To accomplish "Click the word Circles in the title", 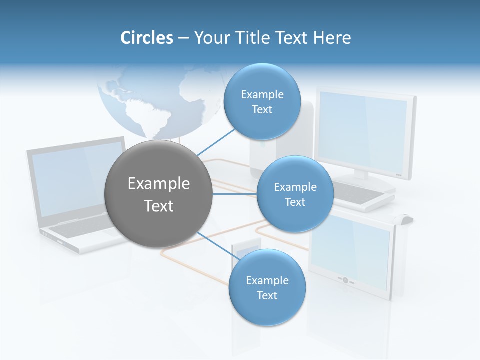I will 147,38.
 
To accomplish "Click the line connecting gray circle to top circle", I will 216,142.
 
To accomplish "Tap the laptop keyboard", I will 80,229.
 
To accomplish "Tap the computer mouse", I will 405,219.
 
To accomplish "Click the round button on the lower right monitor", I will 345,280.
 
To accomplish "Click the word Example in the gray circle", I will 158,184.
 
